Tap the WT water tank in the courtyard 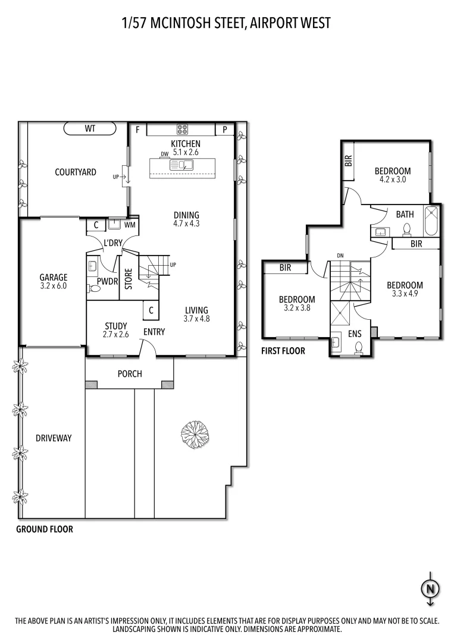[90, 128]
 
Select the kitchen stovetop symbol [181, 129]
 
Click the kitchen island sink [181, 165]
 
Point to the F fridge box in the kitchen [137, 129]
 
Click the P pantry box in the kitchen [225, 129]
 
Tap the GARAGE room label [54, 277]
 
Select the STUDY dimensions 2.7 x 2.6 [117, 335]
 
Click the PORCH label [130, 374]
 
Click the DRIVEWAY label [54, 438]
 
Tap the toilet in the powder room [93, 288]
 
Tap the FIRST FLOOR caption [283, 351]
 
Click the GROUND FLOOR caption [45, 529]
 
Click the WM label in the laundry [130, 225]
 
